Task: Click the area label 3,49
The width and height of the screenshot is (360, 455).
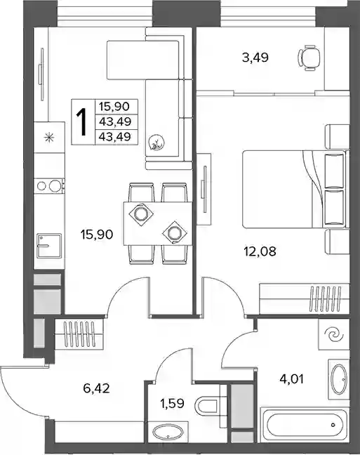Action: point(255,58)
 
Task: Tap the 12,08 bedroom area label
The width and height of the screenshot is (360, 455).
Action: point(260,251)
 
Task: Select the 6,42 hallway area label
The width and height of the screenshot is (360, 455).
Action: point(96,388)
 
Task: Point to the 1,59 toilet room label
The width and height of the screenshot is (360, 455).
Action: point(172,403)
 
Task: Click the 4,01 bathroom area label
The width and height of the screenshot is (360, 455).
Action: point(291,379)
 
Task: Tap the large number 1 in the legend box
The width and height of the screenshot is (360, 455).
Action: point(81,122)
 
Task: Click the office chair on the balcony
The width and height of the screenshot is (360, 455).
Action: point(309,58)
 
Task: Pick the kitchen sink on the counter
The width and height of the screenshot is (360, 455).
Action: point(49,246)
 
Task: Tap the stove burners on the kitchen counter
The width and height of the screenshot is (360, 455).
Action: point(48,186)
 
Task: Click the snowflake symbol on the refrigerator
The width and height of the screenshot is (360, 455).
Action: point(48,137)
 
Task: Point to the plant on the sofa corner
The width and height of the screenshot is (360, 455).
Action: point(156,143)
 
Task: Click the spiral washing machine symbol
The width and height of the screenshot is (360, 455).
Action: point(334,334)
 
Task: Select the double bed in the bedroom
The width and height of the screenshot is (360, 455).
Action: point(294,189)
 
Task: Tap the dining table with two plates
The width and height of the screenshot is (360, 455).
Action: point(157,224)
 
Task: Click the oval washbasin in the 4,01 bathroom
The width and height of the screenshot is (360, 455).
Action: point(338,379)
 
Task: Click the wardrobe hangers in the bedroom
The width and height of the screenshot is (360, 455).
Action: point(325,298)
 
